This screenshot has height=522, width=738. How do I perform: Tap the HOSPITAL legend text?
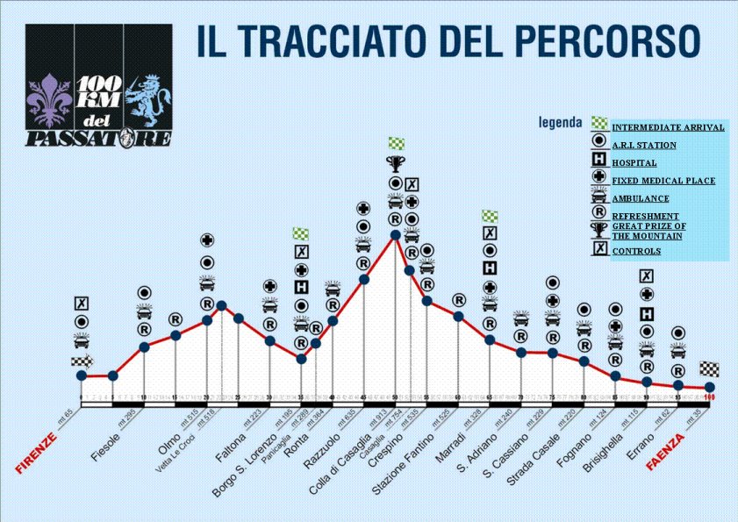[634, 162]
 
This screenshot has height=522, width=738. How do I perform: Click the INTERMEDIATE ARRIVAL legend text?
[668, 127]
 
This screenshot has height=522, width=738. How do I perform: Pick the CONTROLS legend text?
[636, 251]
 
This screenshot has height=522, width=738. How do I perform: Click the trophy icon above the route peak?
[396, 163]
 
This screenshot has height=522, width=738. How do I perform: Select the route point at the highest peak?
[396, 235]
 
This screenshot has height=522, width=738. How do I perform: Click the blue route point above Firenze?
[82, 376]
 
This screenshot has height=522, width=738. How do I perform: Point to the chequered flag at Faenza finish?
[709, 368]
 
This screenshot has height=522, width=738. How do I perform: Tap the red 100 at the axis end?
[709, 398]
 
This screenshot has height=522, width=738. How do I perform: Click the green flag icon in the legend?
[598, 125]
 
